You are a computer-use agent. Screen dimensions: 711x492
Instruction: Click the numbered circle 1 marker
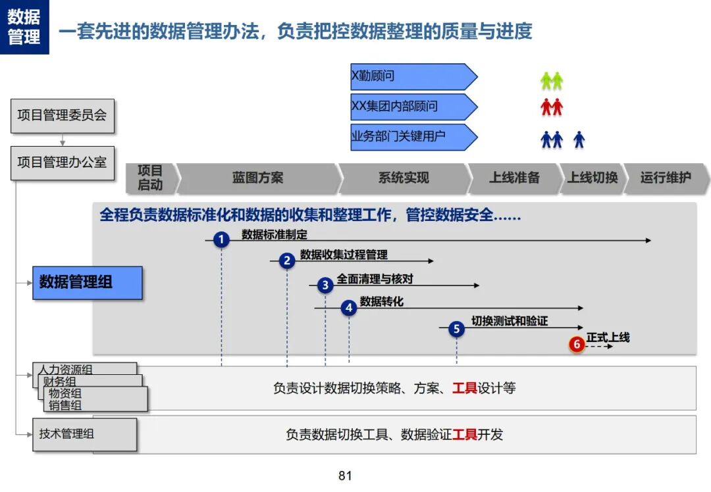(221, 239)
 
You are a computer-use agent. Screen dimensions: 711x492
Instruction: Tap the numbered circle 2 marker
(286, 260)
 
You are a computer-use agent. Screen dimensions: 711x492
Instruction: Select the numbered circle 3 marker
(325, 285)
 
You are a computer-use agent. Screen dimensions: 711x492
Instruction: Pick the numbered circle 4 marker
(349, 308)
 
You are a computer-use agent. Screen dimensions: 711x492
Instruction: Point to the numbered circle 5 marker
(456, 328)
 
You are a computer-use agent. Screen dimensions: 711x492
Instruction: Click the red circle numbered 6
(577, 344)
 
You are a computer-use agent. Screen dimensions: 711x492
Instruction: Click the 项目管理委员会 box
(63, 116)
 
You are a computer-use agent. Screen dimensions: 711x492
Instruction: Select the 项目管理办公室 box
(63, 163)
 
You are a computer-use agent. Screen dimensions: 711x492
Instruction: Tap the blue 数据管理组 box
(88, 283)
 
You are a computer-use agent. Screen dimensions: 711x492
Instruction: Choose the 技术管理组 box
(84, 435)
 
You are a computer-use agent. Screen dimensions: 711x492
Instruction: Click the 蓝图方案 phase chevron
(258, 178)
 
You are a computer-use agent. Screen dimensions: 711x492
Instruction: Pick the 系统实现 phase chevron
(404, 178)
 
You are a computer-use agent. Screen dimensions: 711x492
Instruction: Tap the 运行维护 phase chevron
(666, 178)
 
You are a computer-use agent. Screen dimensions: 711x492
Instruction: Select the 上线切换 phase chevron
(592, 178)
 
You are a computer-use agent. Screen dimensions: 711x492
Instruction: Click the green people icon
(552, 81)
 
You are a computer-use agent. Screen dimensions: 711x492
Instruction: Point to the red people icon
(552, 107)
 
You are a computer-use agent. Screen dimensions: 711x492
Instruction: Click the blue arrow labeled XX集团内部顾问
(414, 107)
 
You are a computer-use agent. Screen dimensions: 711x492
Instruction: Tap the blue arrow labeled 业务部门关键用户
(414, 137)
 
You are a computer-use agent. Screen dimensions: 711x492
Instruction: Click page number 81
(345, 476)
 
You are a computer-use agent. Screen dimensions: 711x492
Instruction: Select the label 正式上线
(608, 337)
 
